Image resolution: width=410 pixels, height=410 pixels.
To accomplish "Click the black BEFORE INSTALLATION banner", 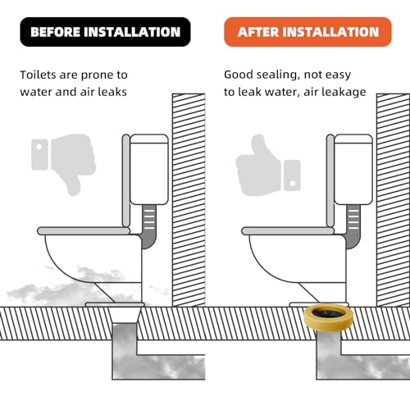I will tap(105, 32).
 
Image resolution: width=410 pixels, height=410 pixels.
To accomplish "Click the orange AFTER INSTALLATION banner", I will tap(307, 32).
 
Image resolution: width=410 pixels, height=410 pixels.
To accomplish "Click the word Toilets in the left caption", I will tap(40, 75).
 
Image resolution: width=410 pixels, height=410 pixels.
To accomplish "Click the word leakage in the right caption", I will tap(344, 92).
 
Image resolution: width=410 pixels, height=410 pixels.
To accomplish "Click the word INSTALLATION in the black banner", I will tap(130, 32).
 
